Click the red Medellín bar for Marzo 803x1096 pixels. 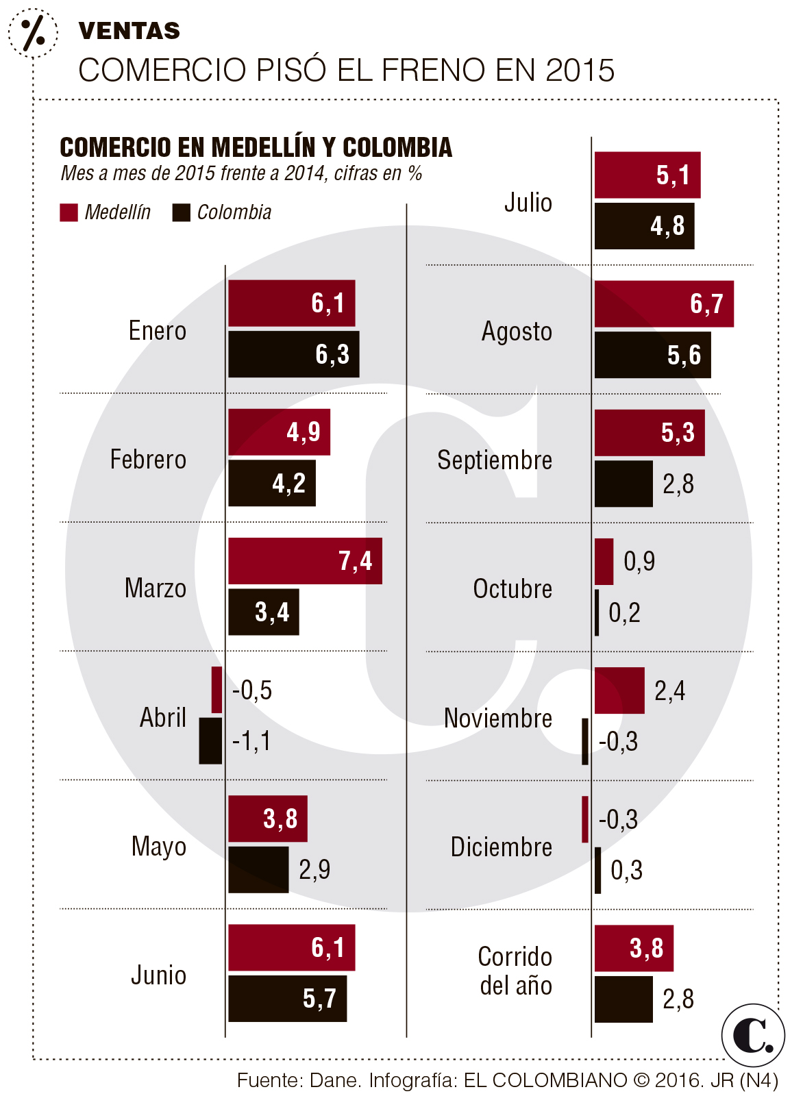305,561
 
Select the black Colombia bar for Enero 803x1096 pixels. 293,354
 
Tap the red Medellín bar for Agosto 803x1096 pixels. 663,303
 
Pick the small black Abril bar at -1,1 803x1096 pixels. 210,740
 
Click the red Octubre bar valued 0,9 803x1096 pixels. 604,562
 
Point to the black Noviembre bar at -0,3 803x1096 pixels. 584,741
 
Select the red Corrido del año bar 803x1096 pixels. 634,948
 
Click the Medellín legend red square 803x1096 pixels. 69,212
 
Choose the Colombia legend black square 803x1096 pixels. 181,212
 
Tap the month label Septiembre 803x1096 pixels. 495,460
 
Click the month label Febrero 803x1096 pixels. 148,460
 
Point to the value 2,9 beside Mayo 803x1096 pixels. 314,870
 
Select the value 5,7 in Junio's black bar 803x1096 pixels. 319,999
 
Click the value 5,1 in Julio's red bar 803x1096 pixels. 673,175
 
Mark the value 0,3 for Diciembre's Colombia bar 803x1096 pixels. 626,871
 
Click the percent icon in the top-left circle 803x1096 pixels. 33,32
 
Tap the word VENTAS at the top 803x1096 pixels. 129,31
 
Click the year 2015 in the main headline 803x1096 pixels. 580,71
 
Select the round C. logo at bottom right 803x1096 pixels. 752,1035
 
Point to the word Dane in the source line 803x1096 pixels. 334,1081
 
